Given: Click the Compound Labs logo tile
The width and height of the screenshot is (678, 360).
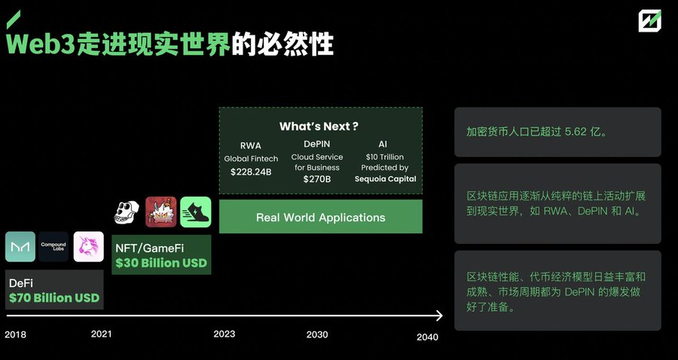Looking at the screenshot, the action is pos(53,247).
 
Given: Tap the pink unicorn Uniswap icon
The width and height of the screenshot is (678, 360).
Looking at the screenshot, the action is pos(89,247).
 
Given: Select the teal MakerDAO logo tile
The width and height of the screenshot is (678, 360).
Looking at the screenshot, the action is pos(20,247).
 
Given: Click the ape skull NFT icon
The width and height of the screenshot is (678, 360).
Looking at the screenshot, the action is pos(127,212).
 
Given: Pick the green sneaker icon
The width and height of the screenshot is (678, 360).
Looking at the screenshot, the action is pos(196,212).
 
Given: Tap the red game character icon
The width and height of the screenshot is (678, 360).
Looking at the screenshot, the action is pos(161,212).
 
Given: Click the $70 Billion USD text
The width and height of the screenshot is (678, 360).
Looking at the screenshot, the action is pos(54,297).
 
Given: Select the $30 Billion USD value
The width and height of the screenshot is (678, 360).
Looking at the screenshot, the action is pos(161,263).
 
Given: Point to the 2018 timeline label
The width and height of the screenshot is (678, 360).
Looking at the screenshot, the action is pos(16,334).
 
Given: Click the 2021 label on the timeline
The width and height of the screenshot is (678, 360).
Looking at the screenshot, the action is pos(101,334).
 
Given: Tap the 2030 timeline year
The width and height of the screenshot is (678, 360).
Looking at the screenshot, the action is pos(317,334).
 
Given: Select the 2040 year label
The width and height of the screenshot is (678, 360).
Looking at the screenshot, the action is pos(427,337).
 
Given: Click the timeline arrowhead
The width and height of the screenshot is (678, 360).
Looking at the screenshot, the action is pos(439,316).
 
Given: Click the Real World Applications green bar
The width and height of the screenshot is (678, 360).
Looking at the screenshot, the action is pos(321,216).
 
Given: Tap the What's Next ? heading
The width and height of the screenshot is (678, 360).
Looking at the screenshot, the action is pos(319,127).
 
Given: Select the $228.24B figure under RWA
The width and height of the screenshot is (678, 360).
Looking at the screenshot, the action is pos(251,172).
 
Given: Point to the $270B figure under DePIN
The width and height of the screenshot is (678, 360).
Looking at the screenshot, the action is pos(317,179).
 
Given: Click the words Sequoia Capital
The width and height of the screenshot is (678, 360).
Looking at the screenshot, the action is pos(385,179).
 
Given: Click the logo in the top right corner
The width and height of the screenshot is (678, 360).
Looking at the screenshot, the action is pos(650,21).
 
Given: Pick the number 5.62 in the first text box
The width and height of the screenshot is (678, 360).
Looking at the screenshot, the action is pos(576,132).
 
